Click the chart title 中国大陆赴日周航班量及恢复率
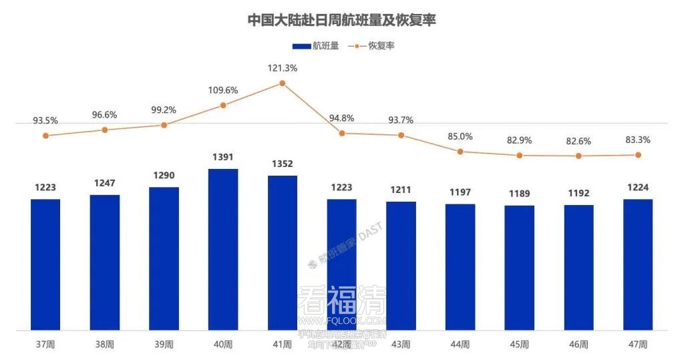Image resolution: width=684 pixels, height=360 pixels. [x=341, y=20]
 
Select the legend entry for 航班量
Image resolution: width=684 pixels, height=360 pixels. [x=316, y=46]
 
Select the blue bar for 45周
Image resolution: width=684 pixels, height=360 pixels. [x=519, y=267]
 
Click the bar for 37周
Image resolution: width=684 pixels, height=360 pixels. [x=45, y=264]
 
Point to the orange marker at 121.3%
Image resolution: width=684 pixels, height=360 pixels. [x=282, y=83]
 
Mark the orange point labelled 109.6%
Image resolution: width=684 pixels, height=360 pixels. [x=223, y=106]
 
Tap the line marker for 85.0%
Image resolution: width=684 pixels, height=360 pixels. [x=460, y=152]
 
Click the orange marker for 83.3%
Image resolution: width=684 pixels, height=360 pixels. [x=638, y=155]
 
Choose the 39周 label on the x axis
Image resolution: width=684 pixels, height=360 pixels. [x=164, y=345]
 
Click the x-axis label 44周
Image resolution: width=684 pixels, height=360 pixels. [x=460, y=345]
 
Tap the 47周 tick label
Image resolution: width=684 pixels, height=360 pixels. [x=638, y=345]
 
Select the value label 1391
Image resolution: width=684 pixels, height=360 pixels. [x=223, y=158]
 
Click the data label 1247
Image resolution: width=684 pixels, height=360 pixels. [x=104, y=183]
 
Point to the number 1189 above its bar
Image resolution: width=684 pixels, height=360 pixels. [x=519, y=194]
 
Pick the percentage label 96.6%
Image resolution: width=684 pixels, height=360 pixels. [x=104, y=115]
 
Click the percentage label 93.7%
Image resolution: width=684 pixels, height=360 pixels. [x=401, y=120]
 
